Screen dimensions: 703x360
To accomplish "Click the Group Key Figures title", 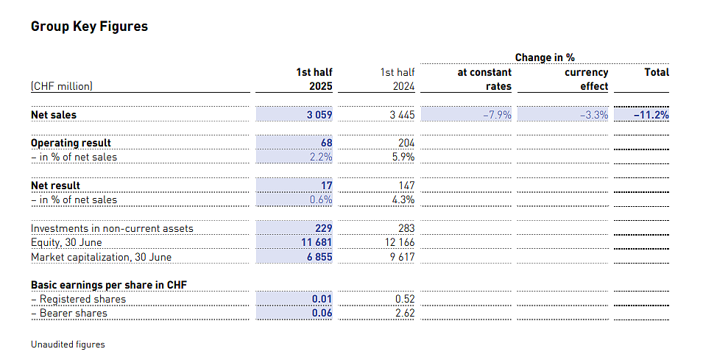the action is [89, 27].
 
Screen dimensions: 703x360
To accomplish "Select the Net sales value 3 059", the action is [319, 115].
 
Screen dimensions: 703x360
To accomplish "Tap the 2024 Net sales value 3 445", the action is [402, 115].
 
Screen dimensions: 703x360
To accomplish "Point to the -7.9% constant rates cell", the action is [497, 115].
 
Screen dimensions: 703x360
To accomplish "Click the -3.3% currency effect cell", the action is [594, 115].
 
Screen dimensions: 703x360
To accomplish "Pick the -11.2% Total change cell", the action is [651, 115].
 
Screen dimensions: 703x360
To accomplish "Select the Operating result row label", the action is [71, 143].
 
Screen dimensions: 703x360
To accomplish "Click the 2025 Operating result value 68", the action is [327, 143].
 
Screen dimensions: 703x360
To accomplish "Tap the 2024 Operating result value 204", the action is [406, 143].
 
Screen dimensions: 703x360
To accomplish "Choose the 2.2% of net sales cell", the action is [321, 157].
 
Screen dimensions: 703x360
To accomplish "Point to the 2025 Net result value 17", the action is [327, 186].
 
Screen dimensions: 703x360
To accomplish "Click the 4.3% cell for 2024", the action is [403, 200].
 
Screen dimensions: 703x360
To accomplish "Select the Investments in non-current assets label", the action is [112, 229].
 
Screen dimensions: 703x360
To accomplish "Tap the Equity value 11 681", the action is [317, 242].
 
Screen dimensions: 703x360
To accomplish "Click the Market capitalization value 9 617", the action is [402, 257].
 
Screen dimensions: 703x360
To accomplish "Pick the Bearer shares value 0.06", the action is [322, 313].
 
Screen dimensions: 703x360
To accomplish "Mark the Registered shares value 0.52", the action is [405, 299].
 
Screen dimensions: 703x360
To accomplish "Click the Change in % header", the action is [545, 57].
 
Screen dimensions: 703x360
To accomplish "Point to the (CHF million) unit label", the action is [62, 86].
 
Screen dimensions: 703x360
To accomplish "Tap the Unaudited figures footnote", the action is [68, 345].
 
